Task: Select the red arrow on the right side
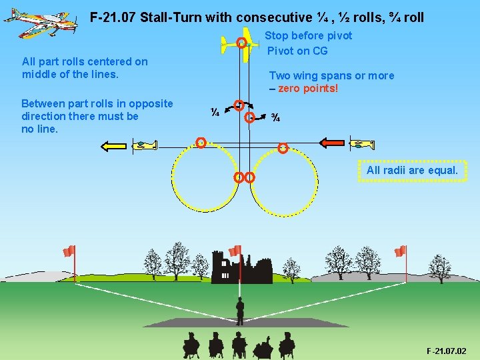point(333,142)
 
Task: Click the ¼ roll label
point(215,113)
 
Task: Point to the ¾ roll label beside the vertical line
point(275,119)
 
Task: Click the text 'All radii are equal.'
point(412,170)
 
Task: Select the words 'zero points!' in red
point(308,89)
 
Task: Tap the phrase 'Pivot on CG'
point(297,51)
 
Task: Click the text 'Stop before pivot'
point(308,35)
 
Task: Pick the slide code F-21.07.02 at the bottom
point(447,351)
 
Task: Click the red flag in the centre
point(235,251)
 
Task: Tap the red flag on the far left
point(69,251)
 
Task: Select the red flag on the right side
point(399,251)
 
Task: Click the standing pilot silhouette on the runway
point(239,311)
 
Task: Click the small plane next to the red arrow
point(364,143)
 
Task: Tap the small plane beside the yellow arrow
point(145,145)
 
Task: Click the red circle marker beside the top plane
point(242,43)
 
